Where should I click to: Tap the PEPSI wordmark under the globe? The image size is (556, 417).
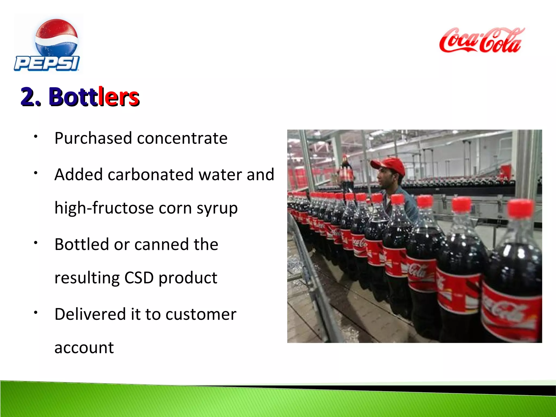pyautogui.click(x=47, y=63)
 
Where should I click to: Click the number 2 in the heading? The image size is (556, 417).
pyautogui.click(x=29, y=97)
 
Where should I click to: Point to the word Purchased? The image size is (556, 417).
pyautogui.click(x=93, y=138)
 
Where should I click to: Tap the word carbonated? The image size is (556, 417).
pyautogui.click(x=151, y=175)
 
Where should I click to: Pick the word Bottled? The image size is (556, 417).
pyautogui.click(x=81, y=244)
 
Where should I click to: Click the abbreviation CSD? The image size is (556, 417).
pyautogui.click(x=139, y=278)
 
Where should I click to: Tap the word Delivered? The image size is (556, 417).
pyautogui.click(x=90, y=314)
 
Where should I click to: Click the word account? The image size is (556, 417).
pyautogui.click(x=84, y=348)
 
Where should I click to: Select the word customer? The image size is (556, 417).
pyautogui.click(x=201, y=314)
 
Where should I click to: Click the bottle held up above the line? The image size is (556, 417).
pyautogui.click(x=345, y=174)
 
